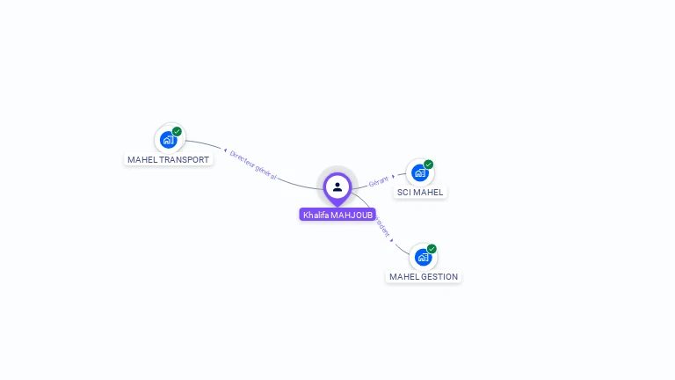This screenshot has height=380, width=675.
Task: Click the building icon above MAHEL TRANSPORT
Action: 168,140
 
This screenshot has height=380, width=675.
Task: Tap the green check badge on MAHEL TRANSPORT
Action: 177,132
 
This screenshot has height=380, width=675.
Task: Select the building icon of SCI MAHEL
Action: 420,172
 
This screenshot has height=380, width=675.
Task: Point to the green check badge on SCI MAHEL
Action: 429,164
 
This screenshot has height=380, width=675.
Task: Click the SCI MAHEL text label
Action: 420,192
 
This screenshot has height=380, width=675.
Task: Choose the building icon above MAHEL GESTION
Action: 423,257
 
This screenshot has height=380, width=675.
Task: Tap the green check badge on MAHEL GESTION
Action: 432,249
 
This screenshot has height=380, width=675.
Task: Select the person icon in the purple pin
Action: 337,186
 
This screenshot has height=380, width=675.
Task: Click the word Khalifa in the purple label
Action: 316,215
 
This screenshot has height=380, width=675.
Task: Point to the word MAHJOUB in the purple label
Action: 352,215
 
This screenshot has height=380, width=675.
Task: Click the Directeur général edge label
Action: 253,164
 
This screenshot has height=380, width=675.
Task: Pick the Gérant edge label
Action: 378,181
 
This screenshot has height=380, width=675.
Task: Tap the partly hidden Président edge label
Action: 382,225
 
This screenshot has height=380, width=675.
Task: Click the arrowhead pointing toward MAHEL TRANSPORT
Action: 226,150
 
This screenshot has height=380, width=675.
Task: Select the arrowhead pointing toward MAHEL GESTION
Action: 392,238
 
